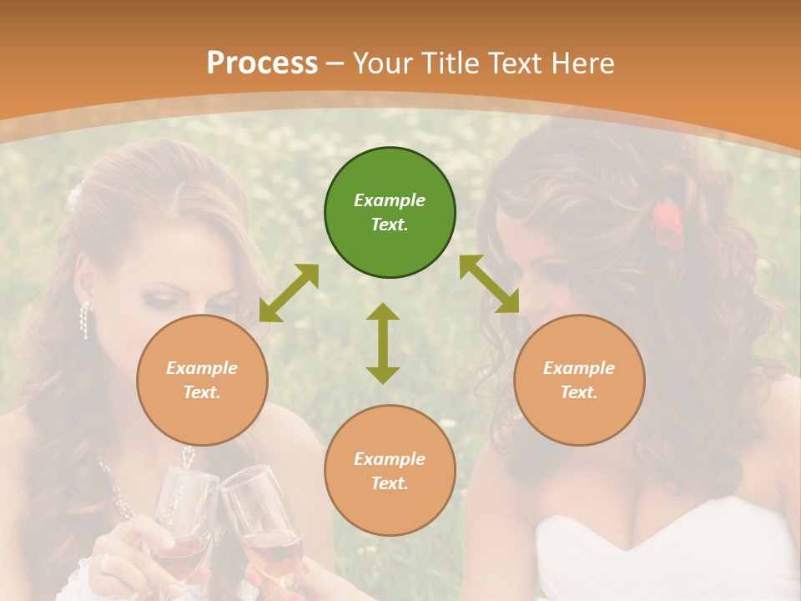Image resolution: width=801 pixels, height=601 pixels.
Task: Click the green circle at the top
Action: (390, 213)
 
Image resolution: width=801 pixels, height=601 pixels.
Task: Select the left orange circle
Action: (202, 380)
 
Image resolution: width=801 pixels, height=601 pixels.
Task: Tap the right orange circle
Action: (579, 380)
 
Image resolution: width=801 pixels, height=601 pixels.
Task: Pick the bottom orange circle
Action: (390, 471)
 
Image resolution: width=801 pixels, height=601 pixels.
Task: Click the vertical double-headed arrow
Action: (383, 343)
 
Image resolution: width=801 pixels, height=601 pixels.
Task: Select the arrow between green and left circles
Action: (289, 293)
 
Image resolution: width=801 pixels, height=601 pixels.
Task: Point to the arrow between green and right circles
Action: (489, 284)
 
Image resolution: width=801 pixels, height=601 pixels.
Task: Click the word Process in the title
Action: (262, 63)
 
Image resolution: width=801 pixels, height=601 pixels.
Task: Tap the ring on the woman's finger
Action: (106, 563)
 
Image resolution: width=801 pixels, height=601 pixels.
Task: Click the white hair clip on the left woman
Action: (75, 195)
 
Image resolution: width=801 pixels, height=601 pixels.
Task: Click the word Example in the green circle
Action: (390, 200)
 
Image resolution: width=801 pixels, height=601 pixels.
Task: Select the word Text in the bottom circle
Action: (389, 483)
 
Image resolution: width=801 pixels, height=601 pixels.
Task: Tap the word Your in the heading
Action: (383, 63)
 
